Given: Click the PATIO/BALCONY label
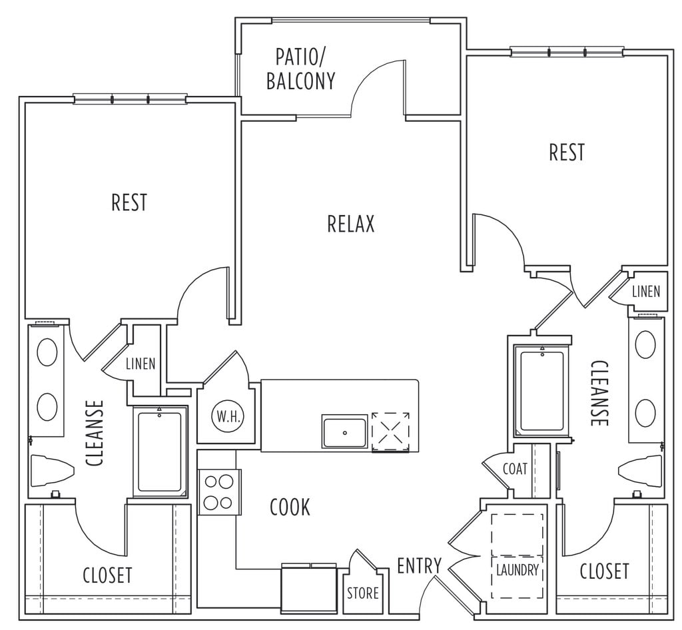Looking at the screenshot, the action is pyautogui.click(x=300, y=69).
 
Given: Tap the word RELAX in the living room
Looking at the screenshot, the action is pyautogui.click(x=351, y=224).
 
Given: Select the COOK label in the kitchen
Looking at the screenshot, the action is pyautogui.click(x=290, y=507).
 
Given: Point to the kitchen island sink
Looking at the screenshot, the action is pyautogui.click(x=344, y=432).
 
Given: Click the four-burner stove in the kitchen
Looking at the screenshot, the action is pyautogui.click(x=218, y=492).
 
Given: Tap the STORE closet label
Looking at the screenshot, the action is pyautogui.click(x=363, y=593).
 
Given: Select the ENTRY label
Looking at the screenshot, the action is pyautogui.click(x=419, y=566).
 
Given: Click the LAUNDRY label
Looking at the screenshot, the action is pyautogui.click(x=517, y=571).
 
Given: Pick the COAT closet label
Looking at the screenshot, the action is pyautogui.click(x=515, y=469).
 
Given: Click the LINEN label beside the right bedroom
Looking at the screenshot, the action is pyautogui.click(x=646, y=291).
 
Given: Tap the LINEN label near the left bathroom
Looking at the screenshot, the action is pyautogui.click(x=141, y=364).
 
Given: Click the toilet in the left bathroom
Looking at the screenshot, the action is pyautogui.click(x=49, y=471).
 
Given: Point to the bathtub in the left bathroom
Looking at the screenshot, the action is pyautogui.click(x=160, y=452).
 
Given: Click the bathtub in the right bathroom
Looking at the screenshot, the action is pyautogui.click(x=541, y=391).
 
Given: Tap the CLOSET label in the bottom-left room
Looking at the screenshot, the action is pyautogui.click(x=108, y=575).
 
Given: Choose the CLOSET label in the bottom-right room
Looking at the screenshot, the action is pyautogui.click(x=605, y=571).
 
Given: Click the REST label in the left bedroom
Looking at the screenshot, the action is pyautogui.click(x=129, y=202).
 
